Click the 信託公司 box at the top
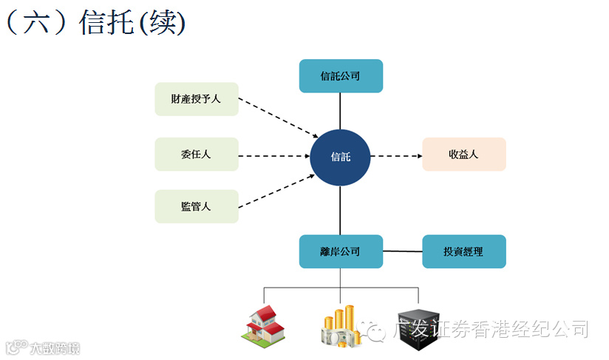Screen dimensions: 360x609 (341, 76)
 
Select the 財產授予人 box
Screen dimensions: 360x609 (197, 99)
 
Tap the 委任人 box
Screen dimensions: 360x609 (197, 154)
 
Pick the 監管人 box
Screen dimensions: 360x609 (197, 206)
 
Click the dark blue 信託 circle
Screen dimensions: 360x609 (340, 157)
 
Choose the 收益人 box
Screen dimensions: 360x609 (463, 154)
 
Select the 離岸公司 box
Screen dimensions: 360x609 (341, 251)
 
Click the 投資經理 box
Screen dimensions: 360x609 (463, 251)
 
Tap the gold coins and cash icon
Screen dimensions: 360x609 (340, 327)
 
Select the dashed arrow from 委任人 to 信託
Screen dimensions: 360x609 (273, 156)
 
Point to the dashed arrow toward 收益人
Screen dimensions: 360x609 (395, 156)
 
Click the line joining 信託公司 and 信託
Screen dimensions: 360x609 (340, 111)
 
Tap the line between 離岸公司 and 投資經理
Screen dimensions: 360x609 (402, 251)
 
